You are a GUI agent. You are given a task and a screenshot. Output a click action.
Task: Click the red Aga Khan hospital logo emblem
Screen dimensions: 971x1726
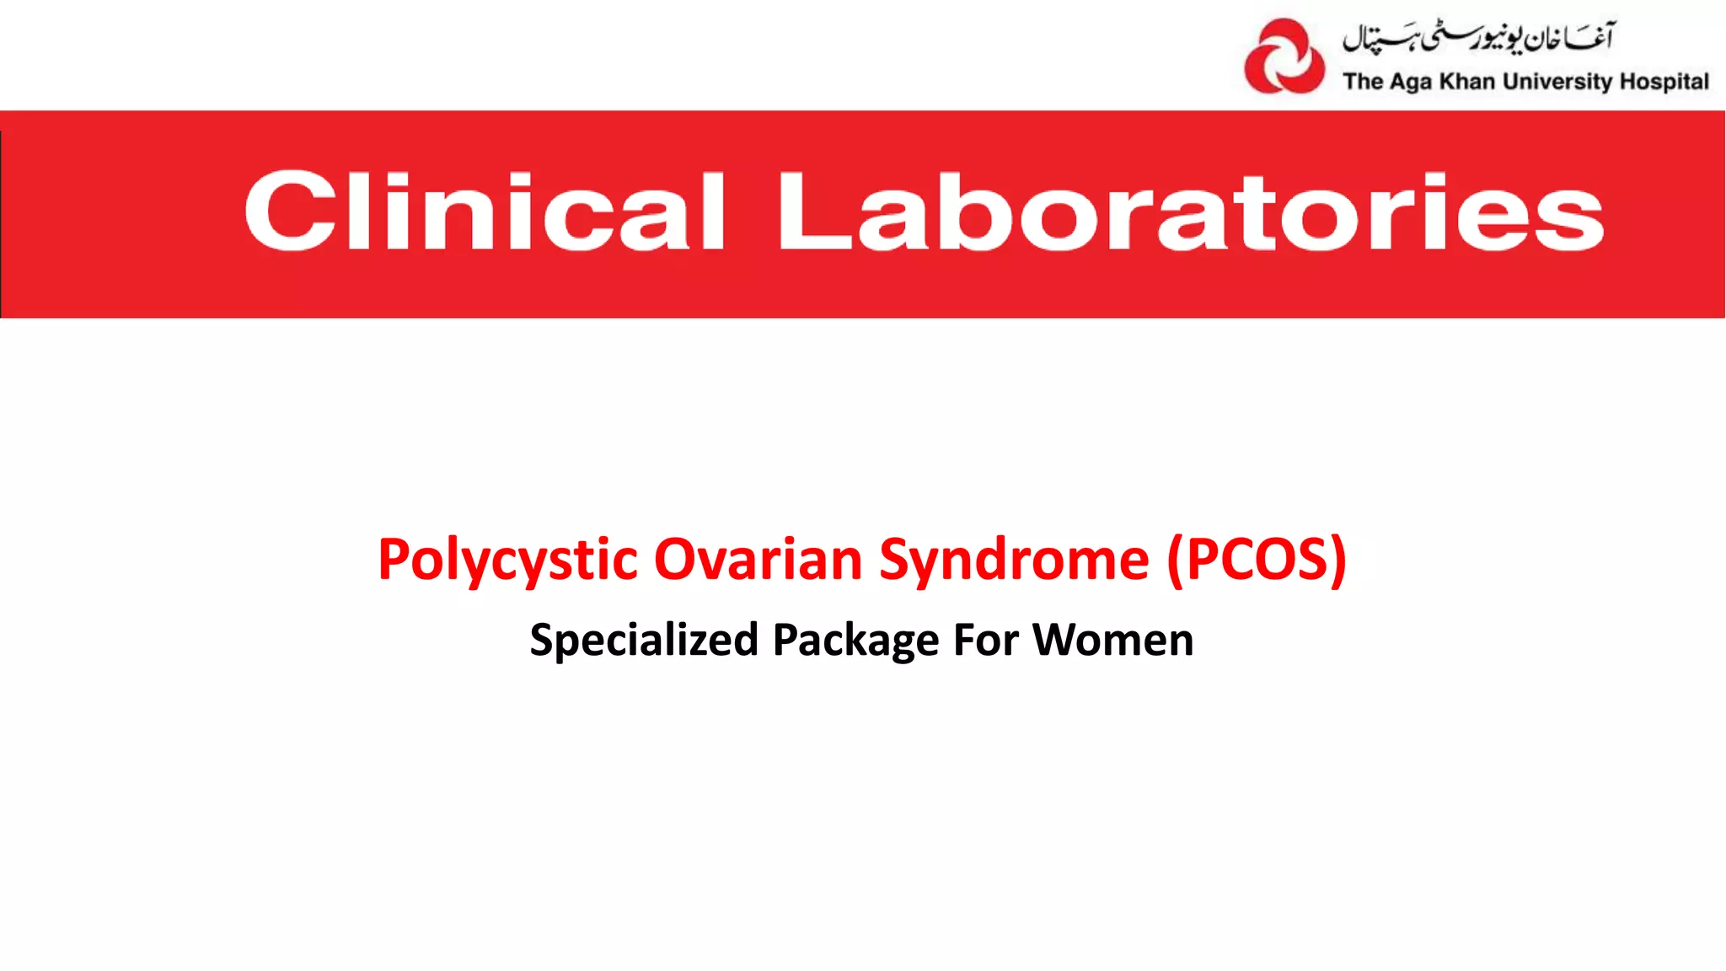1284,56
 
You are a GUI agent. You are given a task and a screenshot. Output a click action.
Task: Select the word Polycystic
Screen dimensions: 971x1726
508,560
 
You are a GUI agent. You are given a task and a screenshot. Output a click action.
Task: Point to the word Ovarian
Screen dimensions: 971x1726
758,560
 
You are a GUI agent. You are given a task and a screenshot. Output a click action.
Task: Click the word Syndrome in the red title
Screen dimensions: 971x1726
1014,560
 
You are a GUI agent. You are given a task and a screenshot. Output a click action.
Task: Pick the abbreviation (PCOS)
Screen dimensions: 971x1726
1257,560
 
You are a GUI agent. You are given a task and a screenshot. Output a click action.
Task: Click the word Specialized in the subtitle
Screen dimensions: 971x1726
645,640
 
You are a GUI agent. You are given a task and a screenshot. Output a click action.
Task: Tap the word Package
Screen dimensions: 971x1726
855,640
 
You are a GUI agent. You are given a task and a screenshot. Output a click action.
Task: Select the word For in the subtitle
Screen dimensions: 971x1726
986,640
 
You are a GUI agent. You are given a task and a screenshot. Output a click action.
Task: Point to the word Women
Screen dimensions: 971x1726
1113,640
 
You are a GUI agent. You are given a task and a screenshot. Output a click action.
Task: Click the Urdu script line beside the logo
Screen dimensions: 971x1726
1477,37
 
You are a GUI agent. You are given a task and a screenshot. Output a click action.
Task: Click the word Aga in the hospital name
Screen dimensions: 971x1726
1412,82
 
